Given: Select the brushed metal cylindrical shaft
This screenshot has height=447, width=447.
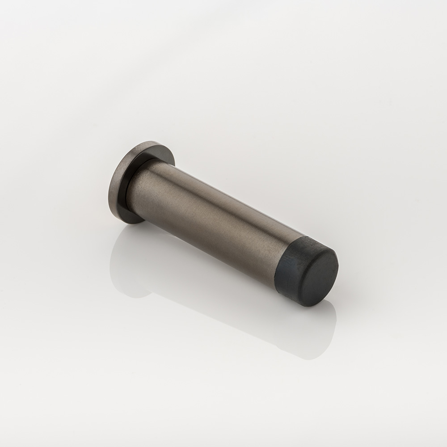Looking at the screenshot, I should (210, 215).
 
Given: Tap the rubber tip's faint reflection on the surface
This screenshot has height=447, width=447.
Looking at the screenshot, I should (308, 326).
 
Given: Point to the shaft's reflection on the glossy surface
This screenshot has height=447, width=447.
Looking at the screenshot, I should (215, 291).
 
